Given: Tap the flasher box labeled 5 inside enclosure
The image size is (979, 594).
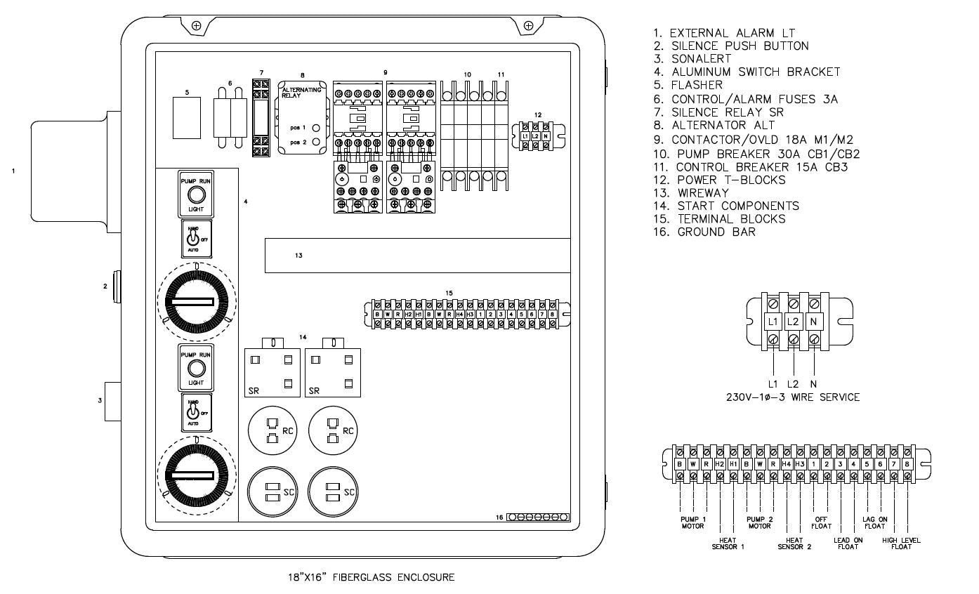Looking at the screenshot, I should click(x=187, y=117).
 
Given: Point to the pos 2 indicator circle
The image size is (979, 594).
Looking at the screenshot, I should click(x=317, y=143).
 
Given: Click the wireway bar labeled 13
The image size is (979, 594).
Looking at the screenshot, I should click(x=417, y=255).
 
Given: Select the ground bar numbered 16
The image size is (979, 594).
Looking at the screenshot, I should click(x=538, y=517).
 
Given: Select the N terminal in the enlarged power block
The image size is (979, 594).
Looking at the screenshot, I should click(x=813, y=321).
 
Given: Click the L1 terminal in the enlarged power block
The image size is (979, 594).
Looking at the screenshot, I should click(x=773, y=321).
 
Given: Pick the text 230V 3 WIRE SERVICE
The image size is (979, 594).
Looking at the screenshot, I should click(x=792, y=397).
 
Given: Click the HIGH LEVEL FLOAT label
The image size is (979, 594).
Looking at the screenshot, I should click(x=901, y=543).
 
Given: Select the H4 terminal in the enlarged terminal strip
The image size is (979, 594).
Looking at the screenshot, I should click(x=786, y=463).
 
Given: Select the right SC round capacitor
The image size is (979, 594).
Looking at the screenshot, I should click(x=333, y=491).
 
